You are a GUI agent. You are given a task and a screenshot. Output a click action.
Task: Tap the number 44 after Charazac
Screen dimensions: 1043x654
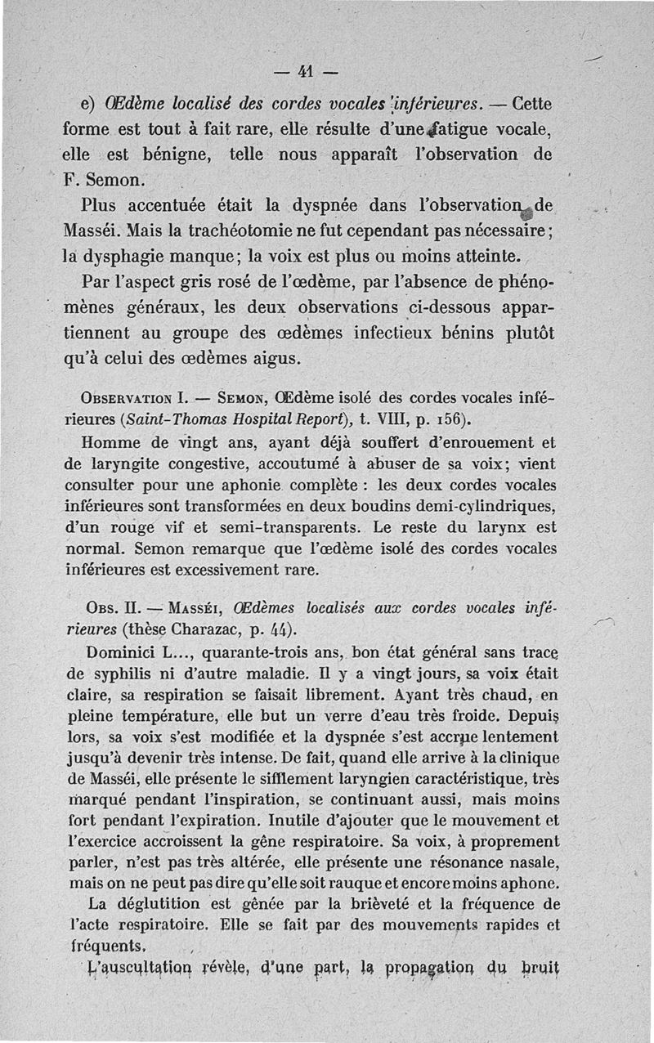click(x=275, y=630)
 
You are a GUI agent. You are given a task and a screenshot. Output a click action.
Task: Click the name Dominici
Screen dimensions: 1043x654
click(x=124, y=652)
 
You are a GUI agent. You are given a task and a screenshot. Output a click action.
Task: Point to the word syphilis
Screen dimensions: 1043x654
click(x=118, y=674)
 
